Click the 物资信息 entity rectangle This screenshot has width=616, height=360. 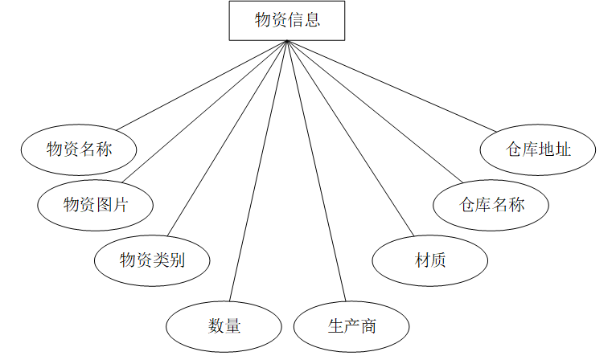(x=287, y=20)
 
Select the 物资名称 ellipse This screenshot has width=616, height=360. (x=78, y=149)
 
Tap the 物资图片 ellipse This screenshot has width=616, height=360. (x=95, y=204)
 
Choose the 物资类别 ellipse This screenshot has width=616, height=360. (x=152, y=260)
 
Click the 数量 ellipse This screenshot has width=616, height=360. (x=224, y=325)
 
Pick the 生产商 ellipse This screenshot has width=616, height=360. (x=351, y=325)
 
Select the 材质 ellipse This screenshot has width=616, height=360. (x=430, y=260)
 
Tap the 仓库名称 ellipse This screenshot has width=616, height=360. (x=491, y=204)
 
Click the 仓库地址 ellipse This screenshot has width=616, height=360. (x=538, y=149)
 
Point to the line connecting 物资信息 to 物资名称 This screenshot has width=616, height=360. (x=202, y=84)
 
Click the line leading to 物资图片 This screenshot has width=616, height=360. (x=208, y=109)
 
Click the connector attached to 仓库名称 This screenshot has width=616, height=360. (x=374, y=109)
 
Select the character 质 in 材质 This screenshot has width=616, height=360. (x=439, y=260)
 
